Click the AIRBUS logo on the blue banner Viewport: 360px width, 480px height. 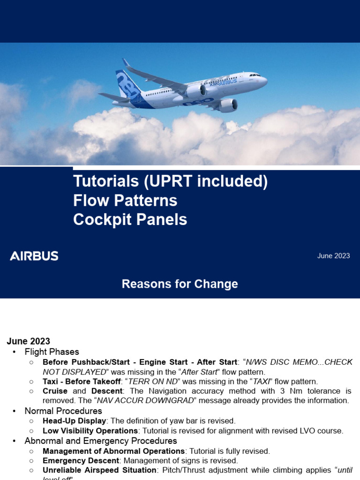[34, 256]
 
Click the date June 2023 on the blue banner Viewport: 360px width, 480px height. [333, 256]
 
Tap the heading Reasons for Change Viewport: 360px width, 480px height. [180, 284]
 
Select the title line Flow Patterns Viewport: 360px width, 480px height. [125, 201]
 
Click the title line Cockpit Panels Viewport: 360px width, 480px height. [130, 220]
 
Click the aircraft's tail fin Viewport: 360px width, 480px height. [127, 84]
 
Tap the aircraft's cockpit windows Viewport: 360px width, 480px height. [255, 75]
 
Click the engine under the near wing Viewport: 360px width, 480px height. [228, 105]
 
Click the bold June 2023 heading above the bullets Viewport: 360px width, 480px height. [28, 341]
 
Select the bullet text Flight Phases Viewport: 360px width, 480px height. [52, 352]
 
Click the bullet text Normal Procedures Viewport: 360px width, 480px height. [63, 411]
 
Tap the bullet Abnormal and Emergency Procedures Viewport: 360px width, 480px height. [101, 441]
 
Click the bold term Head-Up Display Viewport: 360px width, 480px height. [74, 421]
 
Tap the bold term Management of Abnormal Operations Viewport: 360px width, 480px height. [113, 451]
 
